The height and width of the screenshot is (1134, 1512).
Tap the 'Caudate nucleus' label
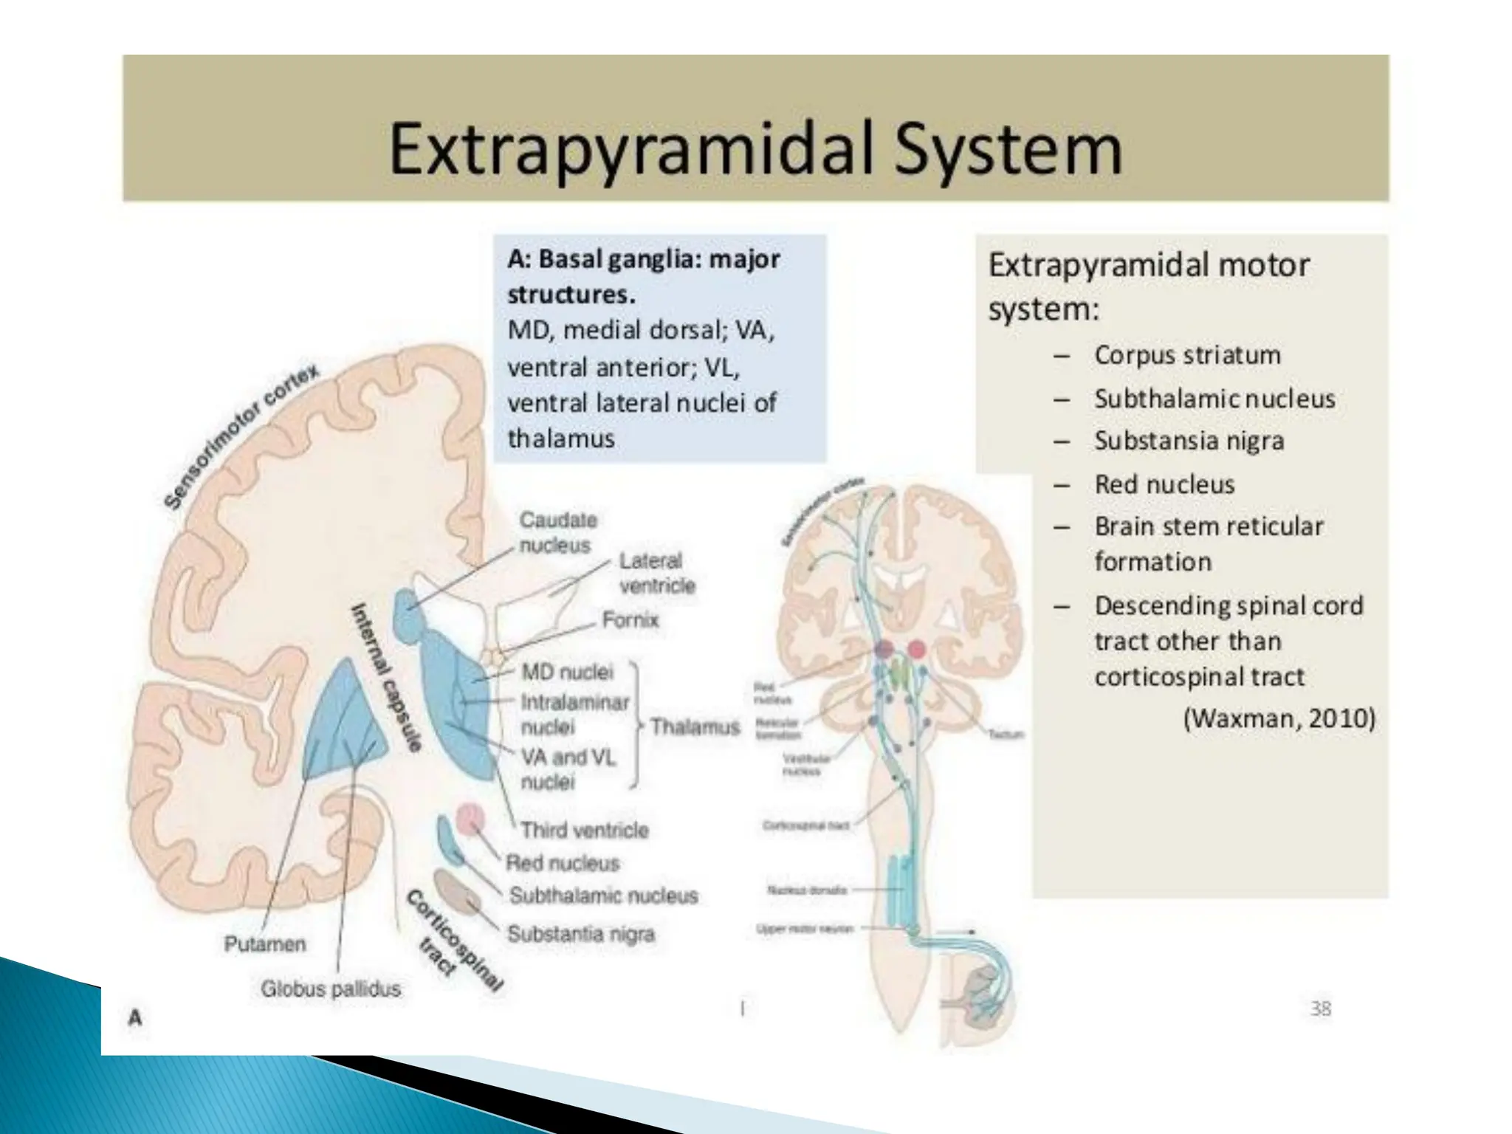[x=557, y=532]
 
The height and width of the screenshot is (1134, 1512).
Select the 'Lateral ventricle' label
[x=656, y=573]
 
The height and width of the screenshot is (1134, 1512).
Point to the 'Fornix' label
[x=630, y=619]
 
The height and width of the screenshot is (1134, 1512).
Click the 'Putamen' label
[x=264, y=944]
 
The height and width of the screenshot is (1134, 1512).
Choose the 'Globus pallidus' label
[x=331, y=989]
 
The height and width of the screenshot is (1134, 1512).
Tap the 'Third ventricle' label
[x=584, y=830]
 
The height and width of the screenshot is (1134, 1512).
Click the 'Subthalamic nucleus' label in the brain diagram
[x=603, y=896]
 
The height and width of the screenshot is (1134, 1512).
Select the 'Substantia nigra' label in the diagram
[x=581, y=934]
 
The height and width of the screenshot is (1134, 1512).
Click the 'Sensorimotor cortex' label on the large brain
[x=241, y=436]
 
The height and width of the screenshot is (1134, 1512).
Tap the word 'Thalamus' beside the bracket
[x=694, y=727]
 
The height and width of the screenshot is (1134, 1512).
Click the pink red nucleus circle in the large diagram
[x=470, y=819]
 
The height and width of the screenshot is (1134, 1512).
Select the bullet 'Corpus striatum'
[x=1187, y=355]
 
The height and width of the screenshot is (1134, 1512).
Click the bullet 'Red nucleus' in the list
[x=1164, y=484]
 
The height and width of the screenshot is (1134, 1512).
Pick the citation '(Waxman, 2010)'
[x=1279, y=718]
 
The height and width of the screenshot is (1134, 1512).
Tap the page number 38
[x=1321, y=1008]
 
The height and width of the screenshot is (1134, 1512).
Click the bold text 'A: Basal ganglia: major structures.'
[x=643, y=277]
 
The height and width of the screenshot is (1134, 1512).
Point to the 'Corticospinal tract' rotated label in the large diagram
[x=455, y=941]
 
